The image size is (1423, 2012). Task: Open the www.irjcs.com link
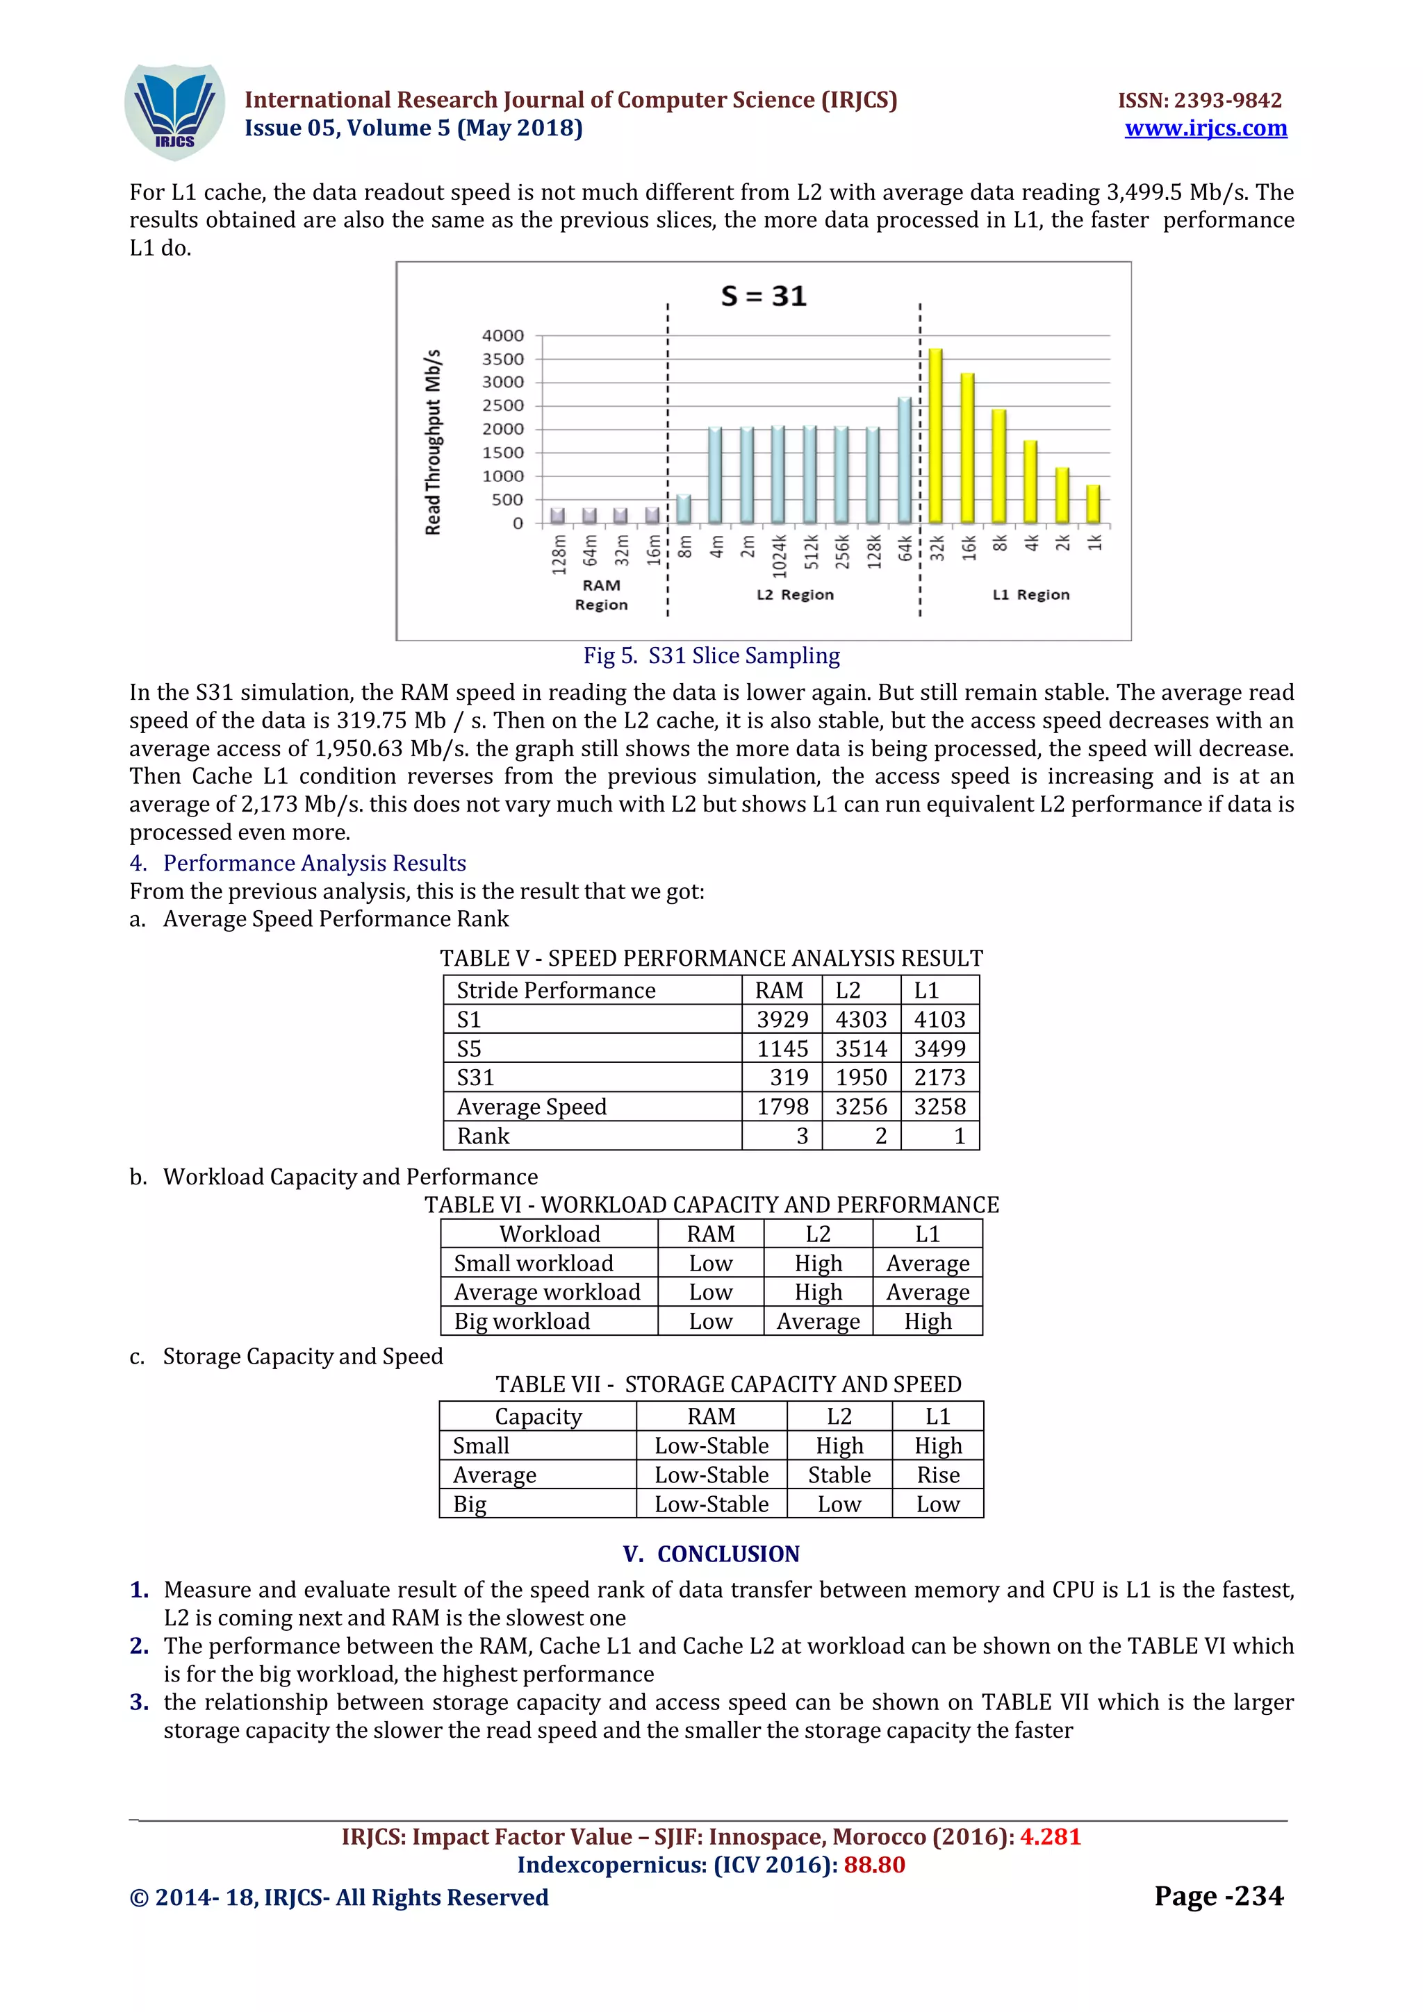pos(1206,128)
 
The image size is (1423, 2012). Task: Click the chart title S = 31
pos(763,296)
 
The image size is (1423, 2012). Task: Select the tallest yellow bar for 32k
pos(935,435)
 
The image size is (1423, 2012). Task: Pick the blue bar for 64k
pos(904,460)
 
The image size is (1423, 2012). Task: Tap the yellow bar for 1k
pos(1092,504)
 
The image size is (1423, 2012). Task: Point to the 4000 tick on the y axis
pos(502,335)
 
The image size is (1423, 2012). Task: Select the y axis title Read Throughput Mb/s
pos(433,442)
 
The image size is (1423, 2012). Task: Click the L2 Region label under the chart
pos(794,595)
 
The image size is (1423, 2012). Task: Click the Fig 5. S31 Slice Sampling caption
pos(711,655)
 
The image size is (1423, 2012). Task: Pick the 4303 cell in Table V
pos(861,1019)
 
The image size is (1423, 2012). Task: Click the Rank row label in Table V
pos(483,1136)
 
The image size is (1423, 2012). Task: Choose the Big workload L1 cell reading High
pos(928,1321)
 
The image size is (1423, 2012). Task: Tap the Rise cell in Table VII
pos(937,1475)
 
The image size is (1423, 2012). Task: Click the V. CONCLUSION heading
pos(711,1554)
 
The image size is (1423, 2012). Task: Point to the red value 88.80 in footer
pos(874,1864)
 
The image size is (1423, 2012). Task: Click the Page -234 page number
pos(1218,1895)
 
